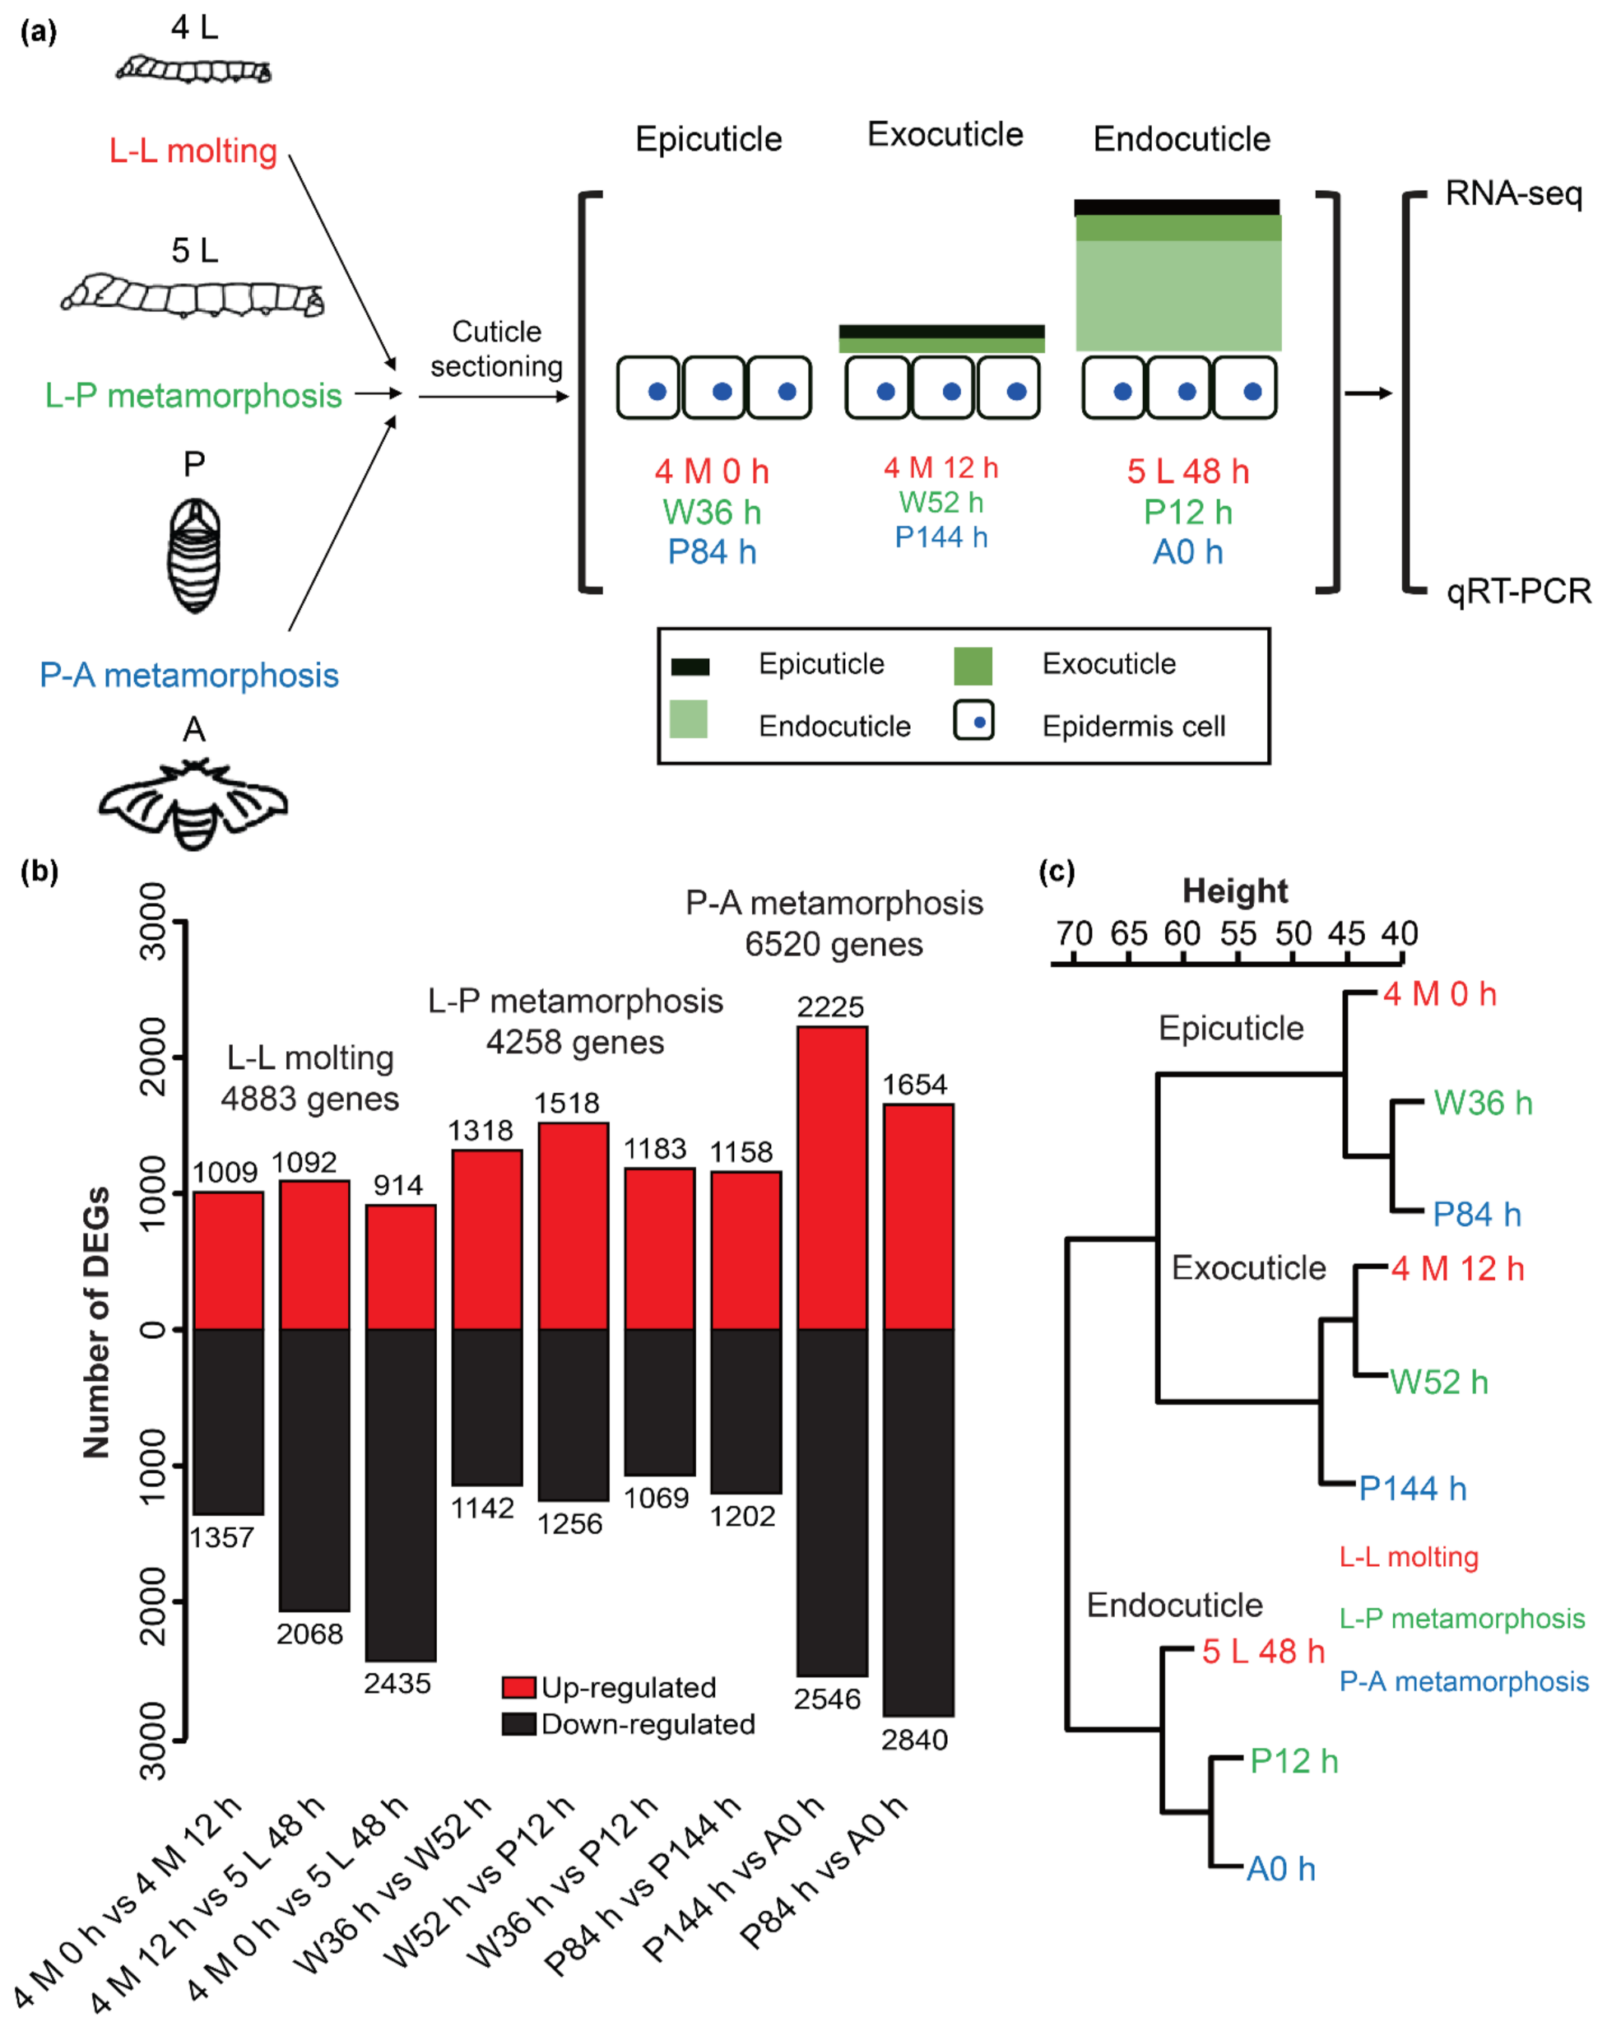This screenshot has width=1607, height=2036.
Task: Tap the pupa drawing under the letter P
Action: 194,555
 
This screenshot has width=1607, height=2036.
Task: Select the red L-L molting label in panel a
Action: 193,151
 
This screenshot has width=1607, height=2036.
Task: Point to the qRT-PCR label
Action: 1517,591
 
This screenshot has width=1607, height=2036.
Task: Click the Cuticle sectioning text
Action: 497,348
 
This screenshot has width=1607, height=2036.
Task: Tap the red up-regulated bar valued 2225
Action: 832,1177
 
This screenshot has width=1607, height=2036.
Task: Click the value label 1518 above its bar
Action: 566,1103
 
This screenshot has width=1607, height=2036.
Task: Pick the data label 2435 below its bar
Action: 397,1683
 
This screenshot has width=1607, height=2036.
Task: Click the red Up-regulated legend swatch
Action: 518,1687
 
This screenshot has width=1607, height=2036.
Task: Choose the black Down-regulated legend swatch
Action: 518,1723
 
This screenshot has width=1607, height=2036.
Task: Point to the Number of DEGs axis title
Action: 96,1322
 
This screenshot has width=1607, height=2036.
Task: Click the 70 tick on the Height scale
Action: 1074,934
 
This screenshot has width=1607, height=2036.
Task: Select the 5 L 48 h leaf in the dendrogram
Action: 1262,1650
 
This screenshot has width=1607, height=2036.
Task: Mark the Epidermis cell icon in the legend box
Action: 973,723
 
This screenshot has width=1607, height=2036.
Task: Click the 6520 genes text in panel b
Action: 834,944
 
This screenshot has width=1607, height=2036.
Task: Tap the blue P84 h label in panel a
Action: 713,552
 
